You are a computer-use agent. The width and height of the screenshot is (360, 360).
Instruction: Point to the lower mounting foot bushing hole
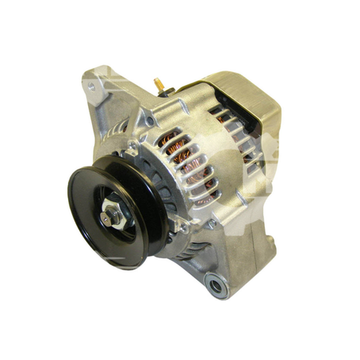pyautogui.click(x=214, y=282)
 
